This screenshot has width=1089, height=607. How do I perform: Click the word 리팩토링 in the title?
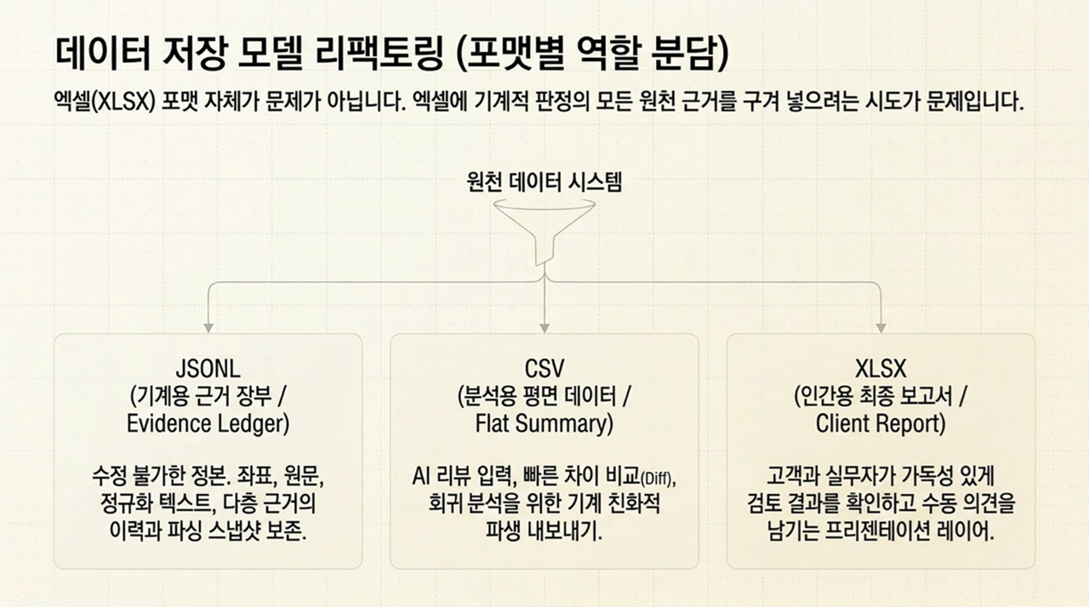379,53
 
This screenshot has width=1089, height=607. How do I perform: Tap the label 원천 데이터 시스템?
544,182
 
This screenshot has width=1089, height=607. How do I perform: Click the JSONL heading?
208,369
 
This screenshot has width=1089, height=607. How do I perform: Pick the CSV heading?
544,369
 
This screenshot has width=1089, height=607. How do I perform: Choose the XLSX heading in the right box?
881,369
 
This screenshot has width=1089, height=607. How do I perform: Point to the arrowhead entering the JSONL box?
208,328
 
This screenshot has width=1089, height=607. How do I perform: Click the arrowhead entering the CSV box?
544,328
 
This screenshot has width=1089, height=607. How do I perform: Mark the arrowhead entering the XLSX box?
881,328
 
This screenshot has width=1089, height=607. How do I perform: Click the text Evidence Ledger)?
208,424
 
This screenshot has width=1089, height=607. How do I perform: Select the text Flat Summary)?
544,423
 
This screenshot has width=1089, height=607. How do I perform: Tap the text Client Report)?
881,423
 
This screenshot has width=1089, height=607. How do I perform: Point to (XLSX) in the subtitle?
123,103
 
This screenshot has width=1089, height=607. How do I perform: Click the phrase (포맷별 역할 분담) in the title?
594,53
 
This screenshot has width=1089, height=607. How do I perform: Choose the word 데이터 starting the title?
103,53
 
